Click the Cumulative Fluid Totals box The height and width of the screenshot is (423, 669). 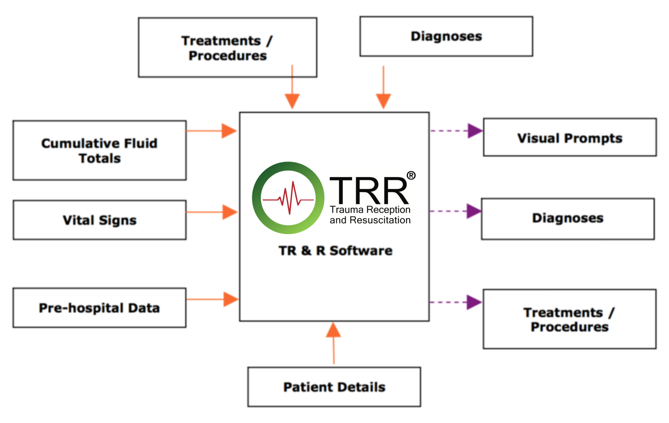pos(100,151)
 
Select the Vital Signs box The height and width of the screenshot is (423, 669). pos(100,220)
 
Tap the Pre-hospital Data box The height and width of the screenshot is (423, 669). pos(100,308)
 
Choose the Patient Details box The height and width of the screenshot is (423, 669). pos(334,387)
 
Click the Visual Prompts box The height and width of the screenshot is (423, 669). pos(570,137)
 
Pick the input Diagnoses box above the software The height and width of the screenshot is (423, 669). pos(446,36)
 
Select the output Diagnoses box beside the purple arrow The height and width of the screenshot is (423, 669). pos(568,219)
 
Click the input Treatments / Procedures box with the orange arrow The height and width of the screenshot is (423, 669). pos(227,48)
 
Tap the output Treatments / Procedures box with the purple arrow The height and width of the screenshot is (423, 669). pos(569,319)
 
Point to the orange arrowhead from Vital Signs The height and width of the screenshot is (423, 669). pos(230,212)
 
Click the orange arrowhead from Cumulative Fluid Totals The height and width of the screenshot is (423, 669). pos(229,131)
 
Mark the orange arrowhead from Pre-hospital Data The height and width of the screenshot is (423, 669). pos(230,299)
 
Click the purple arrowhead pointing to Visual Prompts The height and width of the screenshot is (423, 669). pos(474,131)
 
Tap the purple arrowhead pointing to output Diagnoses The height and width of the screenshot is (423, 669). pos(473,211)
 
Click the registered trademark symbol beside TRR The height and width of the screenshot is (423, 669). pos(411,175)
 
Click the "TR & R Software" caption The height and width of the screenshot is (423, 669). pos(336,251)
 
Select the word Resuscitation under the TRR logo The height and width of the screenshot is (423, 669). pos(380,220)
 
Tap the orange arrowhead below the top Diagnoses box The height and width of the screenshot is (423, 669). pos(383,101)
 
